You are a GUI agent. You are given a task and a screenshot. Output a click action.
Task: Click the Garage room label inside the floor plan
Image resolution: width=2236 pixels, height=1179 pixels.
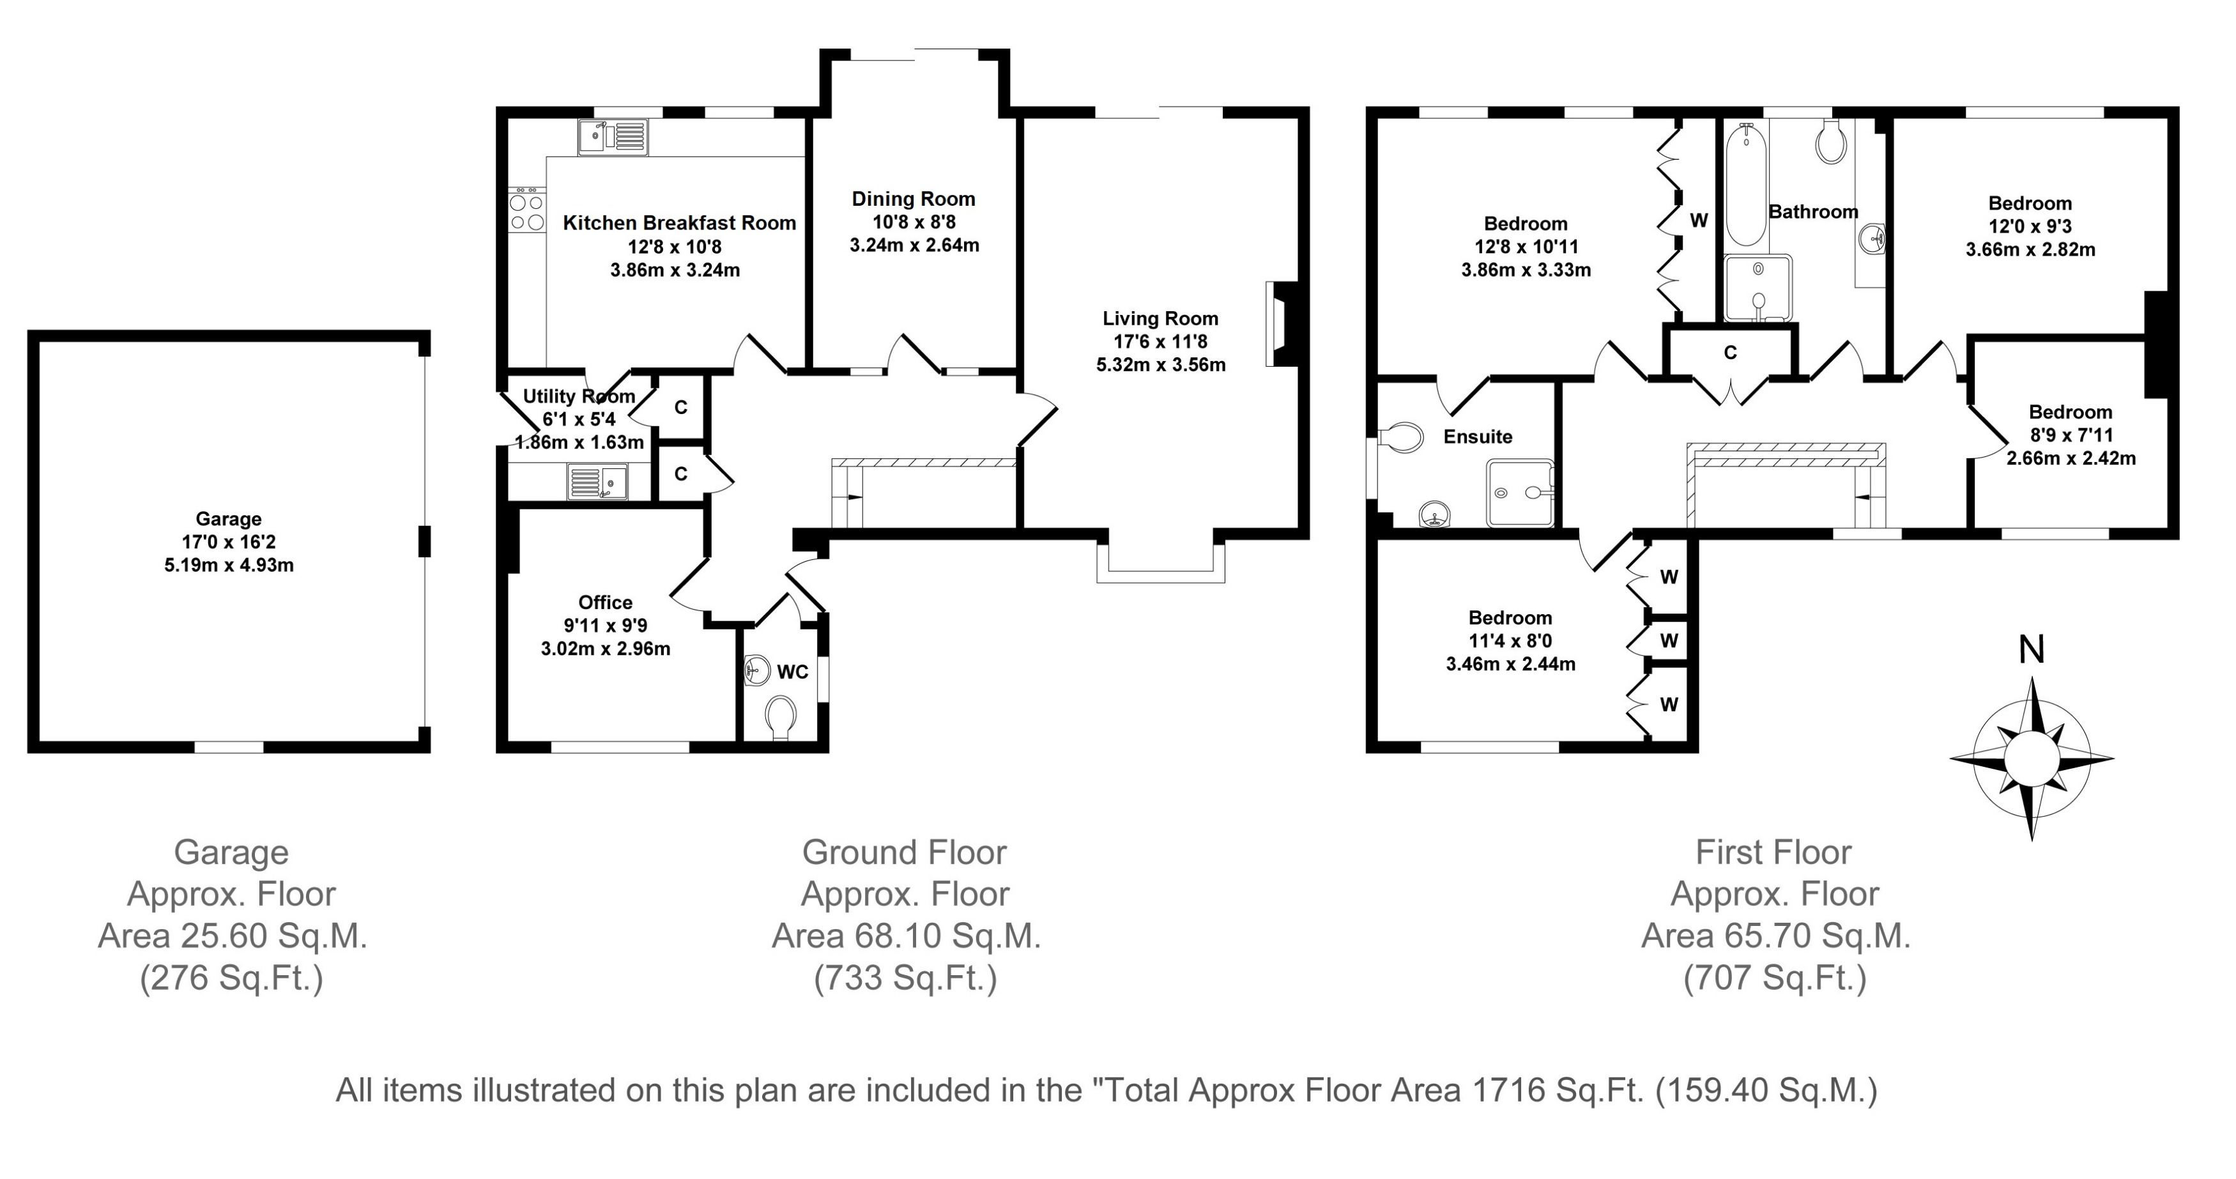[228, 519]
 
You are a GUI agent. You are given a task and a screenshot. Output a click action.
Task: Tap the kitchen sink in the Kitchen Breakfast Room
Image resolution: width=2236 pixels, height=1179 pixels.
[613, 136]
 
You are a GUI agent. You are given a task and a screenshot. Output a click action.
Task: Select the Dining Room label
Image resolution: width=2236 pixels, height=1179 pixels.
[913, 199]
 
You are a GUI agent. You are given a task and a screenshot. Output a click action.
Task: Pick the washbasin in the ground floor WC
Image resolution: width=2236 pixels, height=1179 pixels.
[758, 669]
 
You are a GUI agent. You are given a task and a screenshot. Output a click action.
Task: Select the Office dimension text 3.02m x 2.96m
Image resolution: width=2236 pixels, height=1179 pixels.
[606, 649]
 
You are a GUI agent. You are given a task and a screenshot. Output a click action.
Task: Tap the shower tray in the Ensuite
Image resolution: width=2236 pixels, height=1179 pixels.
[1520, 492]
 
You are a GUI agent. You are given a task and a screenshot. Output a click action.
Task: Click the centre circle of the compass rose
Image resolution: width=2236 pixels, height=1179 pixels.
[2031, 758]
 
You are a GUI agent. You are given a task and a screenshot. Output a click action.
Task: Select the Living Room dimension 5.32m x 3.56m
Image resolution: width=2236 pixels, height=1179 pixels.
[1161, 365]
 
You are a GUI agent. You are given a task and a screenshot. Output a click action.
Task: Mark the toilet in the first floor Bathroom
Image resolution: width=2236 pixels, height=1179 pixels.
[1830, 141]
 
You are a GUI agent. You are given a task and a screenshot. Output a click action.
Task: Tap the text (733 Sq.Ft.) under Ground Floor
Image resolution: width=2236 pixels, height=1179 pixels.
[905, 978]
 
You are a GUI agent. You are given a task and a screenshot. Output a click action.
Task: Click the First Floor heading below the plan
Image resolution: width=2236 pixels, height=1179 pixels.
[1773, 852]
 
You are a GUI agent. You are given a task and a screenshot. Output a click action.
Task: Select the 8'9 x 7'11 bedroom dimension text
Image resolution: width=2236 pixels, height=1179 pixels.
[2070, 435]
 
